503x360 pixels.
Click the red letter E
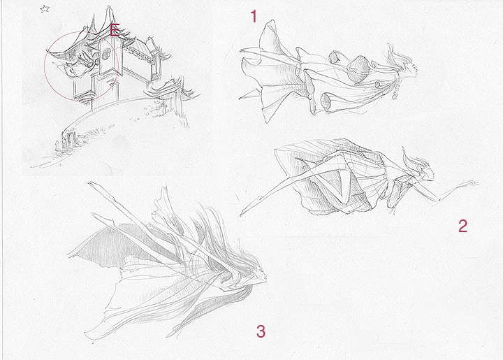115,30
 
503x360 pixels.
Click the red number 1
254,16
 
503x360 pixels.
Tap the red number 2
462,226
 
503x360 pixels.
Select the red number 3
261,331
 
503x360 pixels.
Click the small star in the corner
45,9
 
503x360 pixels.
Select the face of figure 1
413,68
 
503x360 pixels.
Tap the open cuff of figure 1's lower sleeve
327,101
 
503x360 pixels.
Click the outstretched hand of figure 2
472,184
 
